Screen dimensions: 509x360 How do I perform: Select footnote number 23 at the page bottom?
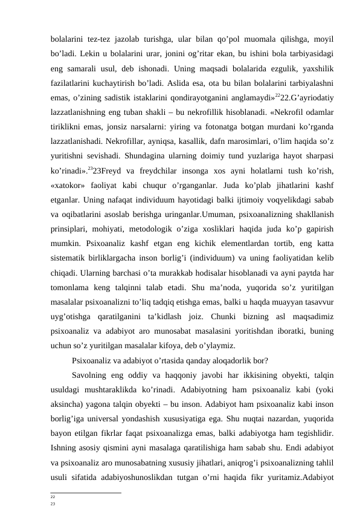(53, 502)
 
